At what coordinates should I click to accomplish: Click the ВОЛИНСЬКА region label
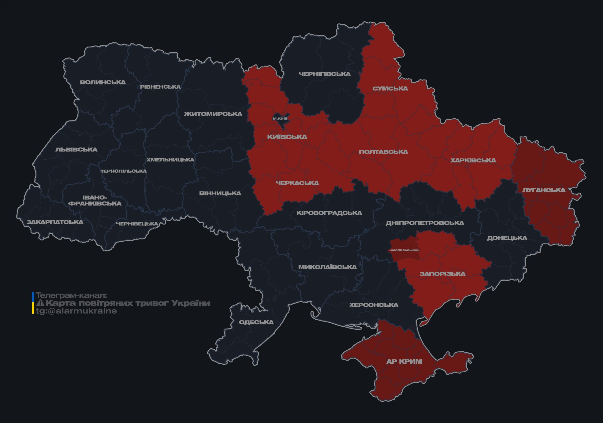pyautogui.click(x=103, y=82)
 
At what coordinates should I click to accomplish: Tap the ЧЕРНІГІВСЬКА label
pyautogui.click(x=324, y=74)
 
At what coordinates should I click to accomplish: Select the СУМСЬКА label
pyautogui.click(x=390, y=88)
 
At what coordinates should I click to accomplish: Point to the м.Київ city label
pyautogui.click(x=280, y=118)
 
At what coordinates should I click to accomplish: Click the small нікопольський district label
pyautogui.click(x=404, y=250)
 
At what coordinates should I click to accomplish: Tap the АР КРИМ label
pyautogui.click(x=404, y=362)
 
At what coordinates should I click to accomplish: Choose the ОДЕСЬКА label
pyautogui.click(x=256, y=322)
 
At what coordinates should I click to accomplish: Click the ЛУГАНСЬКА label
pyautogui.click(x=544, y=190)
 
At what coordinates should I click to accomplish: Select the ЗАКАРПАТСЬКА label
pyautogui.click(x=55, y=222)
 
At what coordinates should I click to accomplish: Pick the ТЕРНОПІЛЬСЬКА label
pyautogui.click(x=124, y=171)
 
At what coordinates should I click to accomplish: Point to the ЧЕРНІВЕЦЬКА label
pyautogui.click(x=137, y=224)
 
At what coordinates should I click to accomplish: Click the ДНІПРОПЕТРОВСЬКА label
pyautogui.click(x=425, y=223)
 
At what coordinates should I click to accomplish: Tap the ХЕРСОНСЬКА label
pyautogui.click(x=374, y=305)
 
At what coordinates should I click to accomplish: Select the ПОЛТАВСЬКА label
pyautogui.click(x=383, y=152)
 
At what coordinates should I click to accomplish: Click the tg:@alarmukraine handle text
pyautogui.click(x=76, y=311)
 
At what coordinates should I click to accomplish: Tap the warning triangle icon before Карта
pyautogui.click(x=40, y=303)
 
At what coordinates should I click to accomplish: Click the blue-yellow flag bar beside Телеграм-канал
pyautogui.click(x=33, y=303)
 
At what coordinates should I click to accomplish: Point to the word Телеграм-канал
pyautogui.click(x=71, y=295)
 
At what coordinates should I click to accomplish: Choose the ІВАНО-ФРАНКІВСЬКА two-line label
pyautogui.click(x=95, y=200)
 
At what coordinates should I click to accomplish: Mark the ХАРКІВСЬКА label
pyautogui.click(x=473, y=160)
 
